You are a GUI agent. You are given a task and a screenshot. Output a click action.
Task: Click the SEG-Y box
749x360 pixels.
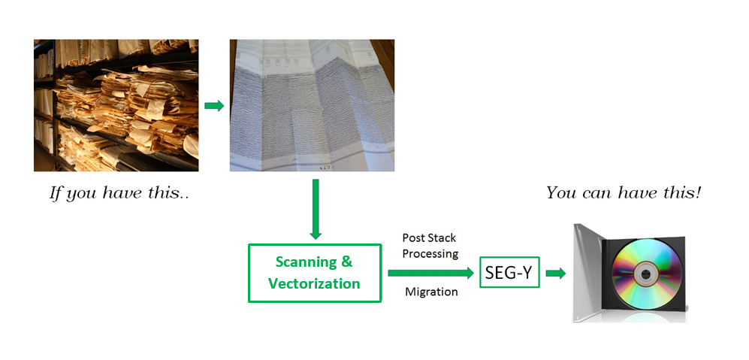[x=509, y=272]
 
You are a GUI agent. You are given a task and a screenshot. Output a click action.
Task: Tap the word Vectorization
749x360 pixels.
[x=314, y=283]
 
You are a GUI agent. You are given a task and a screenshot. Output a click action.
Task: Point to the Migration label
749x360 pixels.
[x=431, y=292]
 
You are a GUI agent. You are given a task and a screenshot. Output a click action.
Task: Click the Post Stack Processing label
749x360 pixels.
[x=430, y=246]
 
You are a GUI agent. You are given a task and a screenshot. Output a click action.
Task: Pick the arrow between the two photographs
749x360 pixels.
[x=214, y=106]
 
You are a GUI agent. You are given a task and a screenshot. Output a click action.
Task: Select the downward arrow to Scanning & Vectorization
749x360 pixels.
[x=315, y=209]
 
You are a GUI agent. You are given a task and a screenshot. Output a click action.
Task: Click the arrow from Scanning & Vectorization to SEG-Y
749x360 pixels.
[x=430, y=273]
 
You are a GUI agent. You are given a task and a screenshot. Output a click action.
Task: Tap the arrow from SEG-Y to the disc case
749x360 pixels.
[x=555, y=274]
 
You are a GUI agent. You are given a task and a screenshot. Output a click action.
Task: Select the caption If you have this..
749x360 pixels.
[x=119, y=194]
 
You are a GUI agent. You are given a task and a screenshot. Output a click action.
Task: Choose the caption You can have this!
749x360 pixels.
[x=624, y=193]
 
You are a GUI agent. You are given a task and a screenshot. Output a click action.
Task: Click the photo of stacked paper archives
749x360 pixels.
[x=116, y=105]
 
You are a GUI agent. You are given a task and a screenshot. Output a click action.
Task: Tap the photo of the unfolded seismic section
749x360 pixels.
[x=312, y=105]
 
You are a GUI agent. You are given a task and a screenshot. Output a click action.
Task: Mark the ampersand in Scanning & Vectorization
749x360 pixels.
[x=347, y=262]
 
